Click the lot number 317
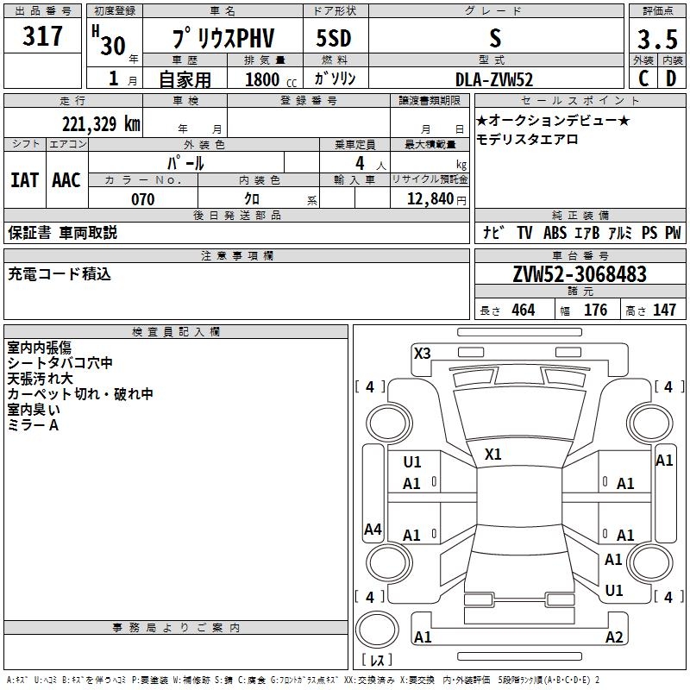click(43, 36)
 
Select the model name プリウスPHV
click(222, 40)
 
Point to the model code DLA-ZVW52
click(494, 79)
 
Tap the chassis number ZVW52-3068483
click(579, 274)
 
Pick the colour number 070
click(143, 199)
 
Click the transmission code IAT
click(24, 179)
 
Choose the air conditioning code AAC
click(66, 179)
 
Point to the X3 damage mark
click(422, 353)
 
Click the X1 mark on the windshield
click(493, 454)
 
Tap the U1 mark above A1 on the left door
click(412, 462)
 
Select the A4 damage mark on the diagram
click(373, 530)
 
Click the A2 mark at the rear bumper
click(614, 637)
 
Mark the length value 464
click(523, 310)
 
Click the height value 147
click(664, 310)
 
